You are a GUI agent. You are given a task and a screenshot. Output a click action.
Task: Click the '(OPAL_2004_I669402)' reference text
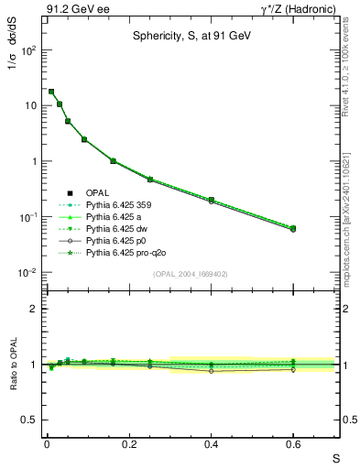(x=195, y=273)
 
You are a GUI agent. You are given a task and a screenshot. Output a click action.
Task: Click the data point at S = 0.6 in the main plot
(x=293, y=228)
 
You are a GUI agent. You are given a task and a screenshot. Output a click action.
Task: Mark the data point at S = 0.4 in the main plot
(x=211, y=200)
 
